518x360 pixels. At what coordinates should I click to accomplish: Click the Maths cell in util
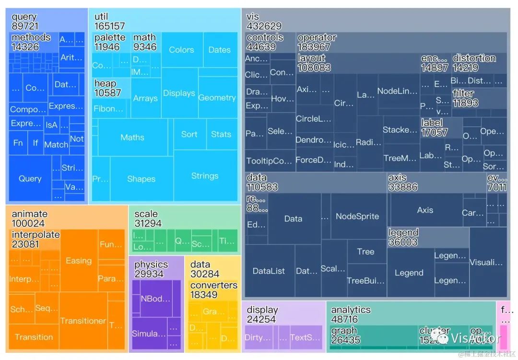[132, 138]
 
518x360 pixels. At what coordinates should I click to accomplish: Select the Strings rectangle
[205, 176]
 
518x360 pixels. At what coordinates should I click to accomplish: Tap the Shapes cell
[141, 179]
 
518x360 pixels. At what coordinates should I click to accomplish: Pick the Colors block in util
[181, 50]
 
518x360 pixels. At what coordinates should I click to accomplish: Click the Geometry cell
[217, 98]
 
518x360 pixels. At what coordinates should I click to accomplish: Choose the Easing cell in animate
[79, 261]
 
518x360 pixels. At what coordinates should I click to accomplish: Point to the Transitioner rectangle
[83, 321]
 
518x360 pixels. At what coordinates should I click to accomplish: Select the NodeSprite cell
[357, 216]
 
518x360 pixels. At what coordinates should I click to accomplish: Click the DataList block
[269, 271]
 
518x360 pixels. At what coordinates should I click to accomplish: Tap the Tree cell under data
[365, 252]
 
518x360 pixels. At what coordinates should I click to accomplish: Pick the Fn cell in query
[18, 143]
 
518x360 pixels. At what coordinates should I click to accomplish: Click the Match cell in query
[56, 144]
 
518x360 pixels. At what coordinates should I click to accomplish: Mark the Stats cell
[221, 134]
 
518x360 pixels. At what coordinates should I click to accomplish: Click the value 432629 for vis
[264, 26]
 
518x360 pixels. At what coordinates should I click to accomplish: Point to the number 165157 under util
[109, 26]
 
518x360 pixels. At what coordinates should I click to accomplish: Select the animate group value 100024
[28, 223]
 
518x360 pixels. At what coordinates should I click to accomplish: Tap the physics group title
[151, 265]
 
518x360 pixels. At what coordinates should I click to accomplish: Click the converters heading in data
[213, 285]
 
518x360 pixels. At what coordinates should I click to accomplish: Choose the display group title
[262, 310]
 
